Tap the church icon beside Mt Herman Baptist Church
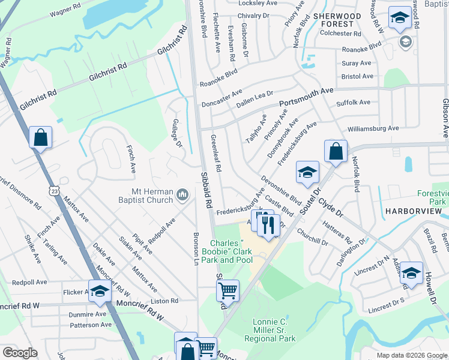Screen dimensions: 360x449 (183, 194)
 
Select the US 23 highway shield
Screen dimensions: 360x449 (55, 191)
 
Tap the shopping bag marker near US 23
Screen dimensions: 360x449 (40, 137)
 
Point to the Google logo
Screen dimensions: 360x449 (20, 352)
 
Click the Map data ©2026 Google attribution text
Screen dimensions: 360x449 (411, 355)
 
